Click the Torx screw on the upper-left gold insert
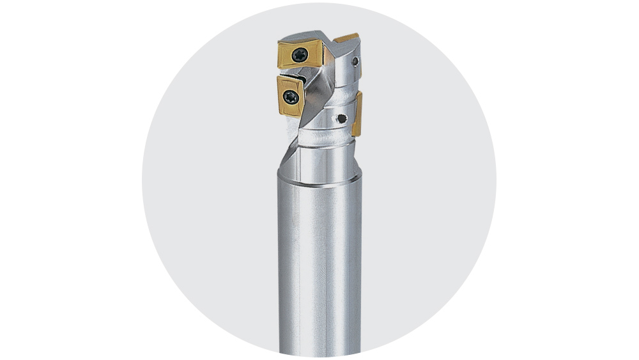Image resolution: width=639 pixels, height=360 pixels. (297, 56)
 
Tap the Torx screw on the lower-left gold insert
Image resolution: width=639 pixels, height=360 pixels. (291, 98)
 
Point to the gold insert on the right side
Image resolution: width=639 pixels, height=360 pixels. (357, 113)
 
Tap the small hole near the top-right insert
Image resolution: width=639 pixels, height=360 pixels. (355, 62)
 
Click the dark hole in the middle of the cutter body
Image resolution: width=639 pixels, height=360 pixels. (343, 118)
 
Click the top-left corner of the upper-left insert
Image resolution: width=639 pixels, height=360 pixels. (279, 43)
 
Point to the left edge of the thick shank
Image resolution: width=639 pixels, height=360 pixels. (281, 269)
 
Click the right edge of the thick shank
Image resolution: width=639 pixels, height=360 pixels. (360, 269)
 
